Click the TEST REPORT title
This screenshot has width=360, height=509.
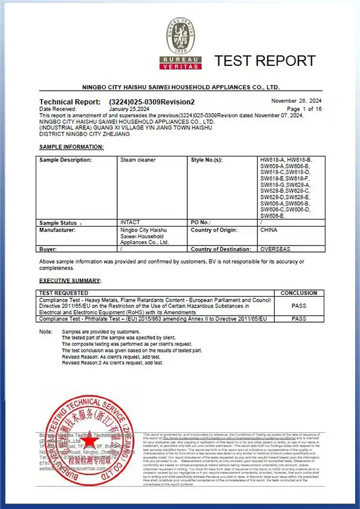pos(265,60)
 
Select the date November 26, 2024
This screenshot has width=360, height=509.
pos(296,100)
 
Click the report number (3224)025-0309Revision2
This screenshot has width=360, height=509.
pos(152,102)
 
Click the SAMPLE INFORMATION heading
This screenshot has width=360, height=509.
pos(71,147)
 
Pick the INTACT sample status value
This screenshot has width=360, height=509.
pos(130,222)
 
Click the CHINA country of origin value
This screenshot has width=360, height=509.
pos(269,230)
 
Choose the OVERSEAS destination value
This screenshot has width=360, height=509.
pos(275,248)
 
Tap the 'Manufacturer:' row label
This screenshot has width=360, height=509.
pos(58,230)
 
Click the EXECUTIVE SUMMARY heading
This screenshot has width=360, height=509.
pos(70,280)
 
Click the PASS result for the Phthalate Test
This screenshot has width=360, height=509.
pos(298,318)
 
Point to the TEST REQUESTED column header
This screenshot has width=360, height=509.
pos(63,293)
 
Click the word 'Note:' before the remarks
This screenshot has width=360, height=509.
pos(46,332)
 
